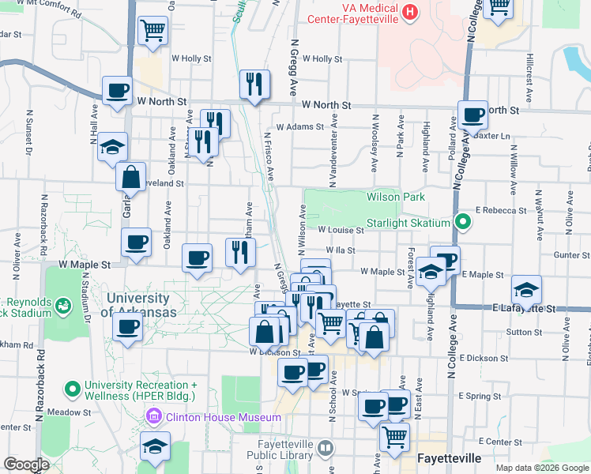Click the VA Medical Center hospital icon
(409, 13)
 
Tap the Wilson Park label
(396, 197)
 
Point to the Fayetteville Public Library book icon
(325, 449)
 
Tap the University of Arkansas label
(137, 305)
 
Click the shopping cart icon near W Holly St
(152, 31)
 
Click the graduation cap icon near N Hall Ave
(112, 146)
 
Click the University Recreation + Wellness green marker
(73, 389)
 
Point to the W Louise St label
(341, 231)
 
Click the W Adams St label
(299, 126)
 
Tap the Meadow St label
(65, 412)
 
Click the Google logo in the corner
(26, 465)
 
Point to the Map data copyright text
(541, 468)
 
